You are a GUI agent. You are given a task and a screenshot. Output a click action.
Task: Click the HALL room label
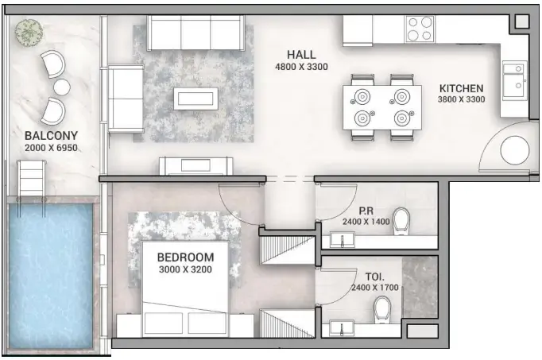(x=301, y=55)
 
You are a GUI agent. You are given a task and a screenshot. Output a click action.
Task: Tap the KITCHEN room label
(x=461, y=88)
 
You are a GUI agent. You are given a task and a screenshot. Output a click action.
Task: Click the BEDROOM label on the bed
(x=185, y=257)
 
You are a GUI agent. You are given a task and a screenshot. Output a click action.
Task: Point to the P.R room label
(x=366, y=211)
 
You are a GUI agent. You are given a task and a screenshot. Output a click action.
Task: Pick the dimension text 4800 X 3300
(x=301, y=67)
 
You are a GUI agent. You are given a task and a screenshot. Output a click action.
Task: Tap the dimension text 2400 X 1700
(x=374, y=287)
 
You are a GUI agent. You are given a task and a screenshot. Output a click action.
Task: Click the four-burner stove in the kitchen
(x=420, y=29)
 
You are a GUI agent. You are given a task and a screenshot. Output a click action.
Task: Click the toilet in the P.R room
(x=401, y=219)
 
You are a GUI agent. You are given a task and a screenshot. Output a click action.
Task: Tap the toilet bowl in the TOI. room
(x=384, y=308)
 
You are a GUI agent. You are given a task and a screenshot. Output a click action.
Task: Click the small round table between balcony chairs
(x=60, y=86)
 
